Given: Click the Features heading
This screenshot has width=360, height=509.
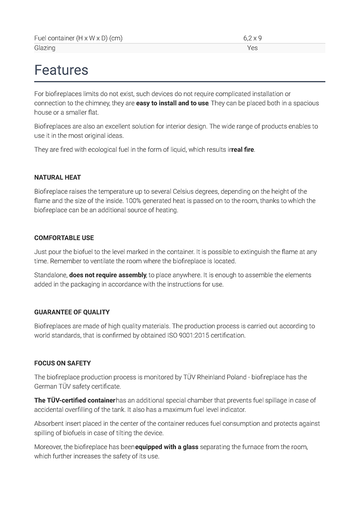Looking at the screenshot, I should click(x=61, y=70).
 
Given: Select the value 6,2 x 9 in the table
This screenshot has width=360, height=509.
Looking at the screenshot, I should click(x=252, y=38).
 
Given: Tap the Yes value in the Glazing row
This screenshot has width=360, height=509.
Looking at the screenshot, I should click(x=252, y=48).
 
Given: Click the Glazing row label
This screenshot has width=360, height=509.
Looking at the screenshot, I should click(x=45, y=48).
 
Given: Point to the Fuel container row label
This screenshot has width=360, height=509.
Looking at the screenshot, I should click(x=78, y=38).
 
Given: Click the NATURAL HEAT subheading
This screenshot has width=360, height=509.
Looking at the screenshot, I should click(x=57, y=177).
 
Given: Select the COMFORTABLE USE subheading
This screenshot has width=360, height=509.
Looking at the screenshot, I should click(x=64, y=238).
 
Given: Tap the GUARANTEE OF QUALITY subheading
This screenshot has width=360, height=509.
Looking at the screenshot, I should click(x=72, y=312).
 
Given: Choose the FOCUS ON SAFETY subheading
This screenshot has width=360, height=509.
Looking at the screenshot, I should click(x=62, y=363).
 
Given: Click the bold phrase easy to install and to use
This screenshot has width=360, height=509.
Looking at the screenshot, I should click(x=172, y=103).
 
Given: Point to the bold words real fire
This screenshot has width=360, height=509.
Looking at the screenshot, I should click(x=242, y=150).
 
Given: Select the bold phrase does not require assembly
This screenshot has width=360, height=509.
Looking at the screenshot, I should click(x=108, y=275).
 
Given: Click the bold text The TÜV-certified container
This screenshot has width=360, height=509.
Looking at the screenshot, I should click(x=75, y=400).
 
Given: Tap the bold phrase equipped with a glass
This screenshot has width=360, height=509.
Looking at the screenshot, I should click(x=166, y=447).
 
